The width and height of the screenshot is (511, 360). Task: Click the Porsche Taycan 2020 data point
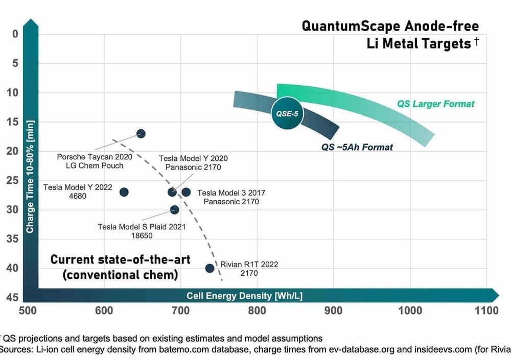click(x=141, y=133)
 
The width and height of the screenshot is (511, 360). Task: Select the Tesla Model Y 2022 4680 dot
click(x=124, y=192)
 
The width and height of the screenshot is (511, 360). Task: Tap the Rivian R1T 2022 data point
click(x=210, y=268)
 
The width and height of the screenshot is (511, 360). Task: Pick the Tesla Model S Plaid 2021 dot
click(x=174, y=210)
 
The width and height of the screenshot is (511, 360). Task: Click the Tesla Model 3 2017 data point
click(x=186, y=192)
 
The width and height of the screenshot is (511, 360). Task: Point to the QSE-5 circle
click(x=287, y=113)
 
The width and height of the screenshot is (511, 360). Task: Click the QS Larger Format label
click(x=436, y=104)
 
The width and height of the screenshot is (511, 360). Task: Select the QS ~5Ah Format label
click(x=357, y=148)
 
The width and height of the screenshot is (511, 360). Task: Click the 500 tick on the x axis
click(x=28, y=310)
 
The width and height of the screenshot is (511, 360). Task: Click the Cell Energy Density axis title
click(x=244, y=296)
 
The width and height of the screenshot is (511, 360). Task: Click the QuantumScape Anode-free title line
click(x=390, y=26)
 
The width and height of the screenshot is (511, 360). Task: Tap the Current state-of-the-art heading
click(x=120, y=259)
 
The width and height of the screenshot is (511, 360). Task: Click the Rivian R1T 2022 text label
click(x=249, y=265)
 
